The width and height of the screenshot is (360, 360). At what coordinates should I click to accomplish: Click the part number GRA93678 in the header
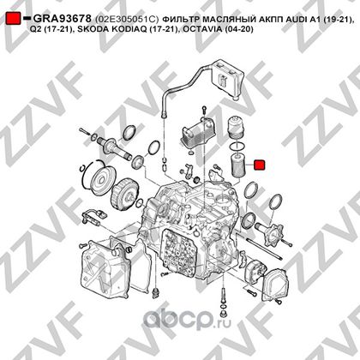[x=63, y=19]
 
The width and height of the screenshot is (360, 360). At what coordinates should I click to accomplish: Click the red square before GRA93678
[x=13, y=19]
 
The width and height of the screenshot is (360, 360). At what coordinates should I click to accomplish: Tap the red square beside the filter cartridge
[x=260, y=165]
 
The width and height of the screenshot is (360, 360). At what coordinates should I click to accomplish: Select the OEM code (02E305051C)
[x=127, y=19]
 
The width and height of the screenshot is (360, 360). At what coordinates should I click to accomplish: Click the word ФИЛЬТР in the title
[x=178, y=19]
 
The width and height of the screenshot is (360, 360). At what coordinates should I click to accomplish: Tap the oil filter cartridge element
[x=237, y=165]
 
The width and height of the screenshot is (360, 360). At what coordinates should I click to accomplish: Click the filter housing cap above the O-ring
[x=236, y=126]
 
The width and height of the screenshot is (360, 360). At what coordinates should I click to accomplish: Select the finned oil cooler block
[x=197, y=131]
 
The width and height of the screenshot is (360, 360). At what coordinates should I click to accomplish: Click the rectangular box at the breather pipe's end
[x=227, y=78]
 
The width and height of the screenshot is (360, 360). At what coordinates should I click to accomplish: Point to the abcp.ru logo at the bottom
[x=187, y=319]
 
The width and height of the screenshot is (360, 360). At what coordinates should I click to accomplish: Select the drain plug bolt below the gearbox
[x=224, y=296]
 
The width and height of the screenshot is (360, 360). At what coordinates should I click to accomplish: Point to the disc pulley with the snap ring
[x=101, y=179]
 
